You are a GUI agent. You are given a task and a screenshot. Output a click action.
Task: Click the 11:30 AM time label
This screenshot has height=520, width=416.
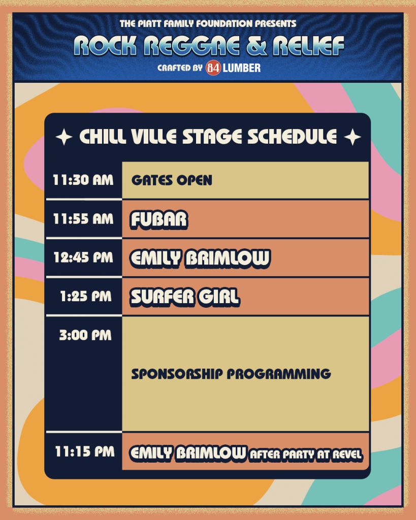(x=83, y=180)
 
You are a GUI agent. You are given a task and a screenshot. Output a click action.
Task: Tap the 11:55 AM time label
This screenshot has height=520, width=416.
(x=83, y=219)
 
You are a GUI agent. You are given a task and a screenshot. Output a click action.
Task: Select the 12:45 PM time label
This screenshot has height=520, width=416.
(x=83, y=257)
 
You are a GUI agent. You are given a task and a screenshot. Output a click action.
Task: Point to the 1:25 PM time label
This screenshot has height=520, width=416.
(x=86, y=296)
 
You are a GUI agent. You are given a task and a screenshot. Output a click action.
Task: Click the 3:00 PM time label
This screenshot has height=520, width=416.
(x=85, y=335)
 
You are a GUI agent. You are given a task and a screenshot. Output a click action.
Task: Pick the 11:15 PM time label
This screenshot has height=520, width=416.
(x=85, y=451)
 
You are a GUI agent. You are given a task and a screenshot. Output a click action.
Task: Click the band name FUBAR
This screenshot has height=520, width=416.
(x=159, y=219)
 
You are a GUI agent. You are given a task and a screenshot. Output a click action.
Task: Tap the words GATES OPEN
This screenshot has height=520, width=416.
(x=172, y=180)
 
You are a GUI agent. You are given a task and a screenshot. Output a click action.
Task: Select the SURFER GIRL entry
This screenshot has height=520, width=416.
(x=185, y=297)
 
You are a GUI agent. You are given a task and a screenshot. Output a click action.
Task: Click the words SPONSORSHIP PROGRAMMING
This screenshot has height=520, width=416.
(x=231, y=374)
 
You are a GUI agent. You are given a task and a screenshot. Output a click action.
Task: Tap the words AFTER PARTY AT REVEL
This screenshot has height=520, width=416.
(x=305, y=454)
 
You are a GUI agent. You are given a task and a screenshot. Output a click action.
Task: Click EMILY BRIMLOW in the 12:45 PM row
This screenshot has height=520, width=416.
(x=200, y=258)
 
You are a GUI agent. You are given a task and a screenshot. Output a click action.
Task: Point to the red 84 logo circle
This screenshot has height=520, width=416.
(x=213, y=68)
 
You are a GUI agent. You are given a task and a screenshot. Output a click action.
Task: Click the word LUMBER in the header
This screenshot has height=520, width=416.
(x=241, y=68)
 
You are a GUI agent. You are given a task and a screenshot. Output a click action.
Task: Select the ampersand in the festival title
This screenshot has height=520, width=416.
(x=257, y=45)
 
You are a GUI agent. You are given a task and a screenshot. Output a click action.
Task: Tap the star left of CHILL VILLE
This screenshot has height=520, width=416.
(x=64, y=137)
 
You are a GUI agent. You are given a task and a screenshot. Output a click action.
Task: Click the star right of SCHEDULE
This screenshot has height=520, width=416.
(x=353, y=137)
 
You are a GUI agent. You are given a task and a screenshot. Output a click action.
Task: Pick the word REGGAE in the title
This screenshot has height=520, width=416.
(x=191, y=45)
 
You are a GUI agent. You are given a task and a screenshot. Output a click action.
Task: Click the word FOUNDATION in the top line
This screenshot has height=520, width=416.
(x=225, y=23)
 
